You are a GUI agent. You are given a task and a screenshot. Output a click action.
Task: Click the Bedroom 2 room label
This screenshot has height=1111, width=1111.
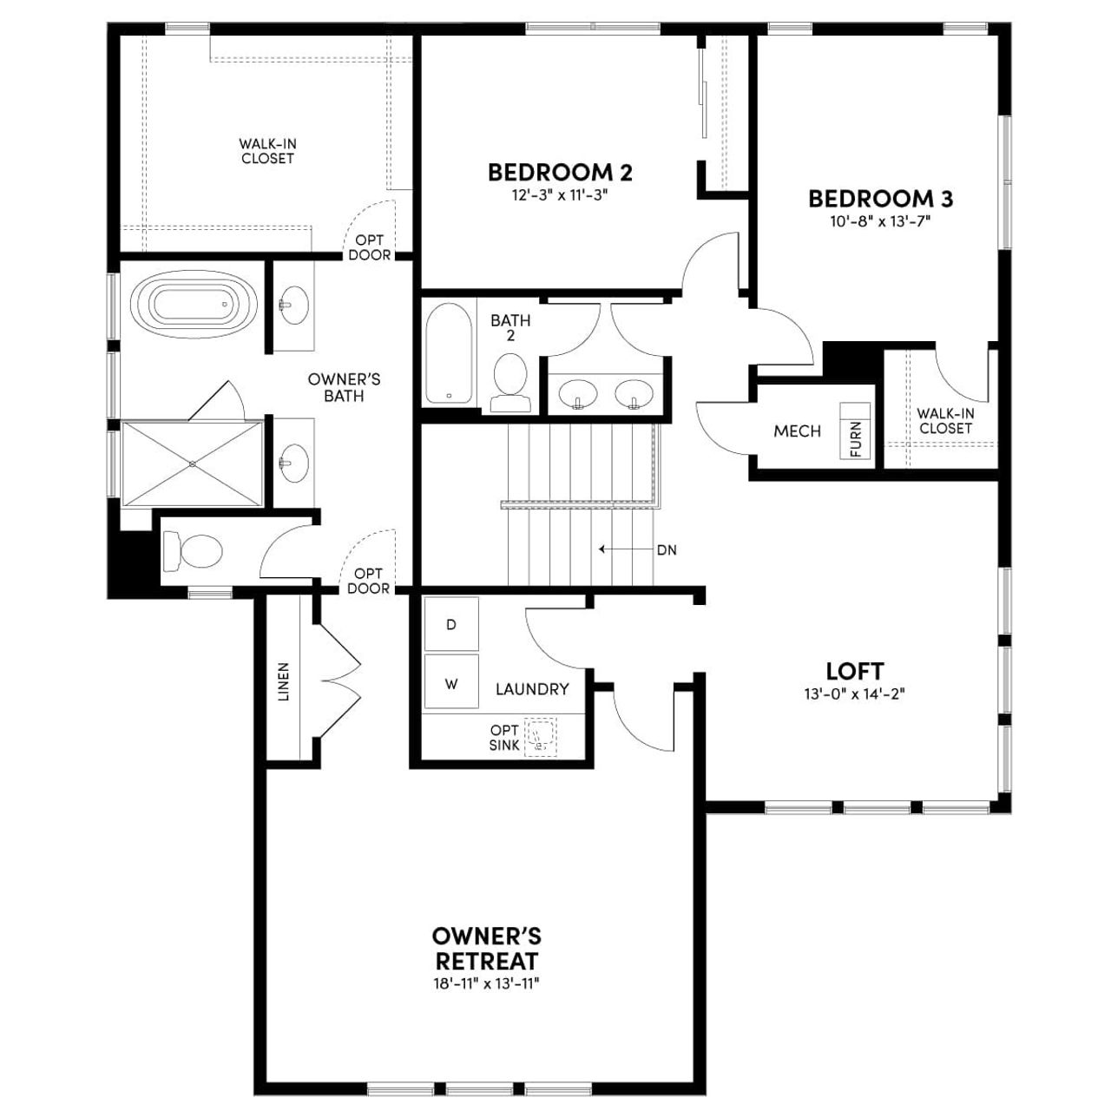[x=560, y=172]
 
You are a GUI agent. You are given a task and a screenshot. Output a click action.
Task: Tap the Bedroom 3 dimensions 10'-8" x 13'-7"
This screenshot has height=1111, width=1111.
[x=880, y=221]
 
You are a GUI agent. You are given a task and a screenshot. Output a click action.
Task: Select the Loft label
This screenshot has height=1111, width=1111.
[x=854, y=671]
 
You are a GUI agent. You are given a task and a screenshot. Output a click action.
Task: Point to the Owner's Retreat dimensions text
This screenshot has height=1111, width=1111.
[x=486, y=983]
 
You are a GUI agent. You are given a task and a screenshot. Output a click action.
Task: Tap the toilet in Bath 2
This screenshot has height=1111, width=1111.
[x=509, y=382]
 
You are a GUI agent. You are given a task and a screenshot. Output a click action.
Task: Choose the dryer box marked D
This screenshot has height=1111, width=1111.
[x=451, y=624]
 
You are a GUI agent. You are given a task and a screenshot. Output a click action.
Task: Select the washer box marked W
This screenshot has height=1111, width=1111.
[x=451, y=684]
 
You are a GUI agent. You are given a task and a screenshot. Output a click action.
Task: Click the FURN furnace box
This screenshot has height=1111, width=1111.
[x=856, y=431]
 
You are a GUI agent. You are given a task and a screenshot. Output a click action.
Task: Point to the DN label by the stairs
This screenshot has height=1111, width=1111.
[x=666, y=549]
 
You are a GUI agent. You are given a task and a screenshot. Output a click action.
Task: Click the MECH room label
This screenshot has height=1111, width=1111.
[x=797, y=431]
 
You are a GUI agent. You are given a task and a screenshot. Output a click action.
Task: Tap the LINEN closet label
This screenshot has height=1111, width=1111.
[x=283, y=681]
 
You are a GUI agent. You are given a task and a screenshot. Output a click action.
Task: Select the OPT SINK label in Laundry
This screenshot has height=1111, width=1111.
[x=504, y=737]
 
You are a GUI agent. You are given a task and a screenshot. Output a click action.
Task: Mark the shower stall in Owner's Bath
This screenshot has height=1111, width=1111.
[x=192, y=463]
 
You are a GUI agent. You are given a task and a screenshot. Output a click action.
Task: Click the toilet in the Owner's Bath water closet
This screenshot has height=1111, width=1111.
[x=193, y=551]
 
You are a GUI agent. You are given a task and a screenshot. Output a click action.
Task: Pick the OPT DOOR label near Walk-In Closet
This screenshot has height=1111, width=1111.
[x=369, y=247]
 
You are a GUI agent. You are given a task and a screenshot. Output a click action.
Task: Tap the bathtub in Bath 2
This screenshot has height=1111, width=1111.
[x=449, y=352]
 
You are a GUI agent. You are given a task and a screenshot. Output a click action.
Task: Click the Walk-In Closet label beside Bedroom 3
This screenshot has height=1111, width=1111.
[x=945, y=421]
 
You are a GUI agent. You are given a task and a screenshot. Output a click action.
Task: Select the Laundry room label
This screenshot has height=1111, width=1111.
[x=532, y=689]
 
